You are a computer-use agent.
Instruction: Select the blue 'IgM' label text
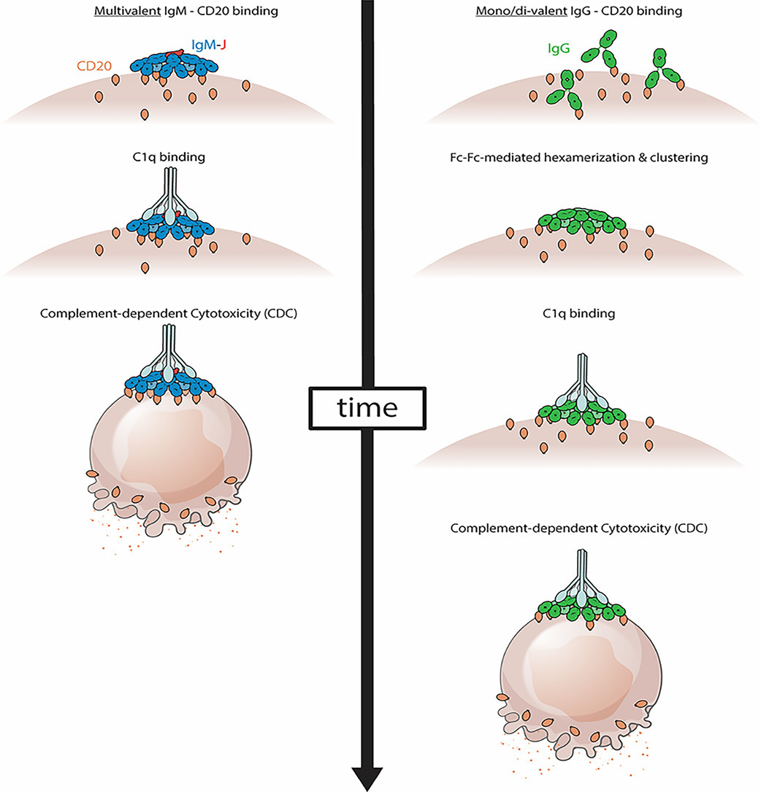click(202, 45)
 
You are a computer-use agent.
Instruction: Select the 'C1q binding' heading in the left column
click(173, 156)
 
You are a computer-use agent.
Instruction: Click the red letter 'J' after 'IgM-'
click(221, 45)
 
